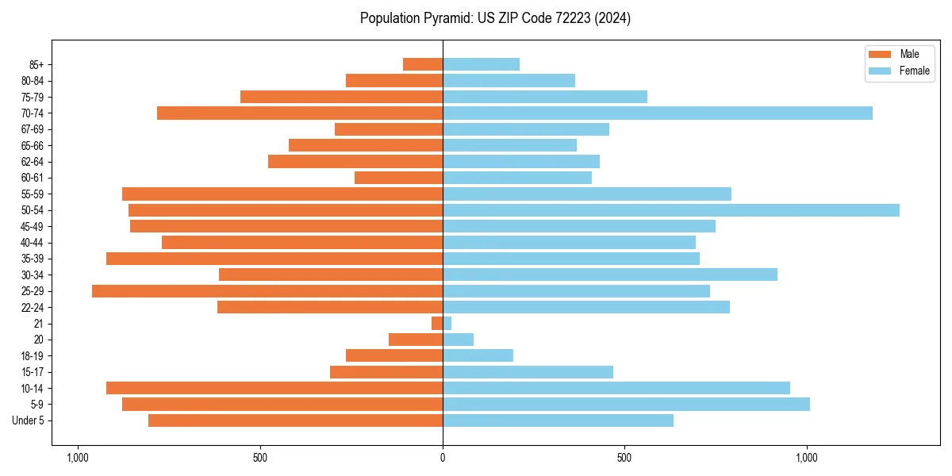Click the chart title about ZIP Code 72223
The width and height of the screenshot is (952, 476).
coord(495,18)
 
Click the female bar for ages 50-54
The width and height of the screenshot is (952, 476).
coord(670,210)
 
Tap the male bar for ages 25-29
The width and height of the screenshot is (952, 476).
coord(267,291)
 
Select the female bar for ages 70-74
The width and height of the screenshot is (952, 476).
coord(657,113)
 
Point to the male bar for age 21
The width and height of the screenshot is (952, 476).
coord(437,324)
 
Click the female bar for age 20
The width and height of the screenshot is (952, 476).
coord(458,340)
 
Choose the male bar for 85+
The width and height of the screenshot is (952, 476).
coord(423,64)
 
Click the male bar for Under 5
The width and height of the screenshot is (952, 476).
coord(295,420)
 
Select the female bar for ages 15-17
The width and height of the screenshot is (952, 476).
coord(528,372)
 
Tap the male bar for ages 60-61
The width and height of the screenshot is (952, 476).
coord(398,178)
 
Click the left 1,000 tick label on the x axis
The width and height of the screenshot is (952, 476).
coord(78,459)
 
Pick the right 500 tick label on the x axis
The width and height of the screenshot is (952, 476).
coord(624,459)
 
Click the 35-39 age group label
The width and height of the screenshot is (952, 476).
coord(33,259)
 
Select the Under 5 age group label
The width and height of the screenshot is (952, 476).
coord(29,420)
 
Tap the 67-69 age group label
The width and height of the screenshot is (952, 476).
coord(33,129)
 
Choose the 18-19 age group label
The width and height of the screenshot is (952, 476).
coord(33,356)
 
